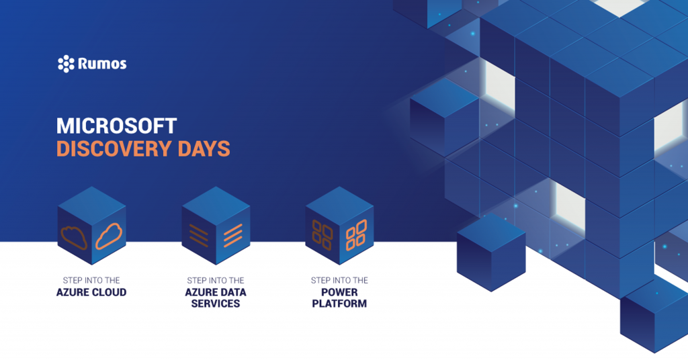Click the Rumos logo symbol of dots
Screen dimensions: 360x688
(66, 64)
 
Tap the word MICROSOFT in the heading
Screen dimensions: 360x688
(116, 126)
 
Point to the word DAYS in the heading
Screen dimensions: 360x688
(203, 148)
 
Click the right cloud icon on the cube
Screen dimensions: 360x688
(110, 235)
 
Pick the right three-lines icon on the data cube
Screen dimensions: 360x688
(232, 235)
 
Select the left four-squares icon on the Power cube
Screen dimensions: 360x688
(322, 235)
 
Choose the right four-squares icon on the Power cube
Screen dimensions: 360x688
(356, 235)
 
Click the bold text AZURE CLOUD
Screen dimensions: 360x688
(91, 293)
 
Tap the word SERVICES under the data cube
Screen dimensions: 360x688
(215, 304)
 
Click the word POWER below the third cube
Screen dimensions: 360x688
(339, 293)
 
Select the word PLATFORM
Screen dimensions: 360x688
(339, 304)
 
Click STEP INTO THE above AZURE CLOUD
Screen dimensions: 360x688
(91, 280)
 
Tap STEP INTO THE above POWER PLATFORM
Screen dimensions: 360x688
(339, 280)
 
